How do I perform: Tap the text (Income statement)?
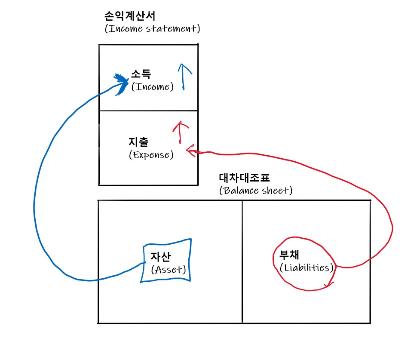[x=152, y=29]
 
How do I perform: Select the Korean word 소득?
[x=141, y=75]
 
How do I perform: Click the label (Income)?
[x=152, y=87]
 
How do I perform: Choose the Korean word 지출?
[x=138, y=141]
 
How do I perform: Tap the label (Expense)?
[x=151, y=154]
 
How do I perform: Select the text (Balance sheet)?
[x=255, y=190]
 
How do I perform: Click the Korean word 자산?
[x=160, y=257]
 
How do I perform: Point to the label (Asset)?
[x=168, y=270]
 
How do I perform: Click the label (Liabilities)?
[x=307, y=268]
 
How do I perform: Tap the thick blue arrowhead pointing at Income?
[x=122, y=81]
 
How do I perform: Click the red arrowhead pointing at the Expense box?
[x=190, y=150]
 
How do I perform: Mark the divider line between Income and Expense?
[x=148, y=111]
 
